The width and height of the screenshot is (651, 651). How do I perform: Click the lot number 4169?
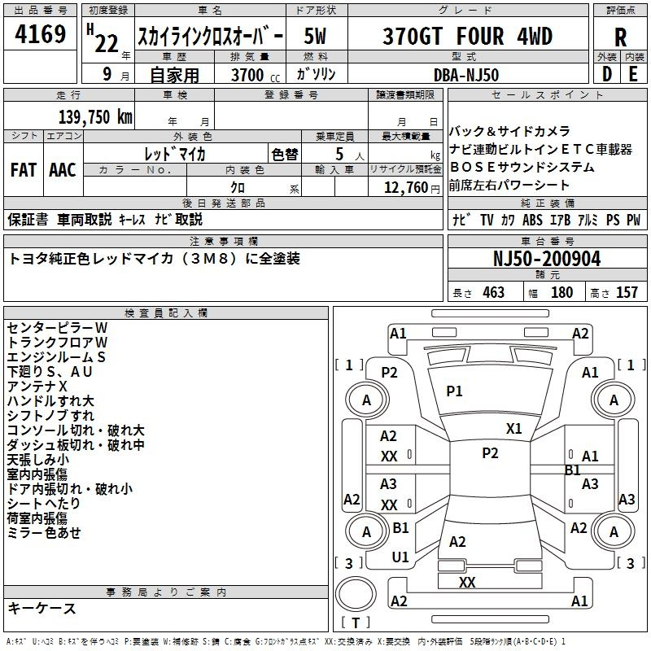tap(41, 36)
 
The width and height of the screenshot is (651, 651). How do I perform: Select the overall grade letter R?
tap(620, 37)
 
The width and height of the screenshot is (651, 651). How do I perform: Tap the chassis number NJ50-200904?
tap(547, 260)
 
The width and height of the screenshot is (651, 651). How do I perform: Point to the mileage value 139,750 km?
tap(95, 117)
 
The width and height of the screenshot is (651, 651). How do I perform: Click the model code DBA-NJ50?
tap(466, 75)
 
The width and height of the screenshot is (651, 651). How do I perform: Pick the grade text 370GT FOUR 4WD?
tap(467, 37)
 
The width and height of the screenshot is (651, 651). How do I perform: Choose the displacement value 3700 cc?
tap(247, 75)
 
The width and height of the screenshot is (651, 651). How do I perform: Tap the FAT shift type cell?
tap(24, 170)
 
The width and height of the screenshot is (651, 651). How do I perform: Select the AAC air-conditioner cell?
tap(63, 170)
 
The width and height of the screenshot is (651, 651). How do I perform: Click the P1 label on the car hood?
tap(454, 391)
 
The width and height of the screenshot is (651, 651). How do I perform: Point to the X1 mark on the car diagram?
tap(513, 429)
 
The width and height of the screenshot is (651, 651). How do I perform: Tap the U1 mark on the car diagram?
tap(400, 557)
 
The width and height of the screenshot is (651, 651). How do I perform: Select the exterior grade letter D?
tap(606, 74)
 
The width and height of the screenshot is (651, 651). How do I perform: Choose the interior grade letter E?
tap(632, 74)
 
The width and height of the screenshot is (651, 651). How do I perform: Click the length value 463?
tap(493, 293)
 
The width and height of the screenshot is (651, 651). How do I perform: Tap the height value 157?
tap(627, 293)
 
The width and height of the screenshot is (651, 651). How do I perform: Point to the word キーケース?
tap(42, 608)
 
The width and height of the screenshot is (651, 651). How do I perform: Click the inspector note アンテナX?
tap(37, 386)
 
